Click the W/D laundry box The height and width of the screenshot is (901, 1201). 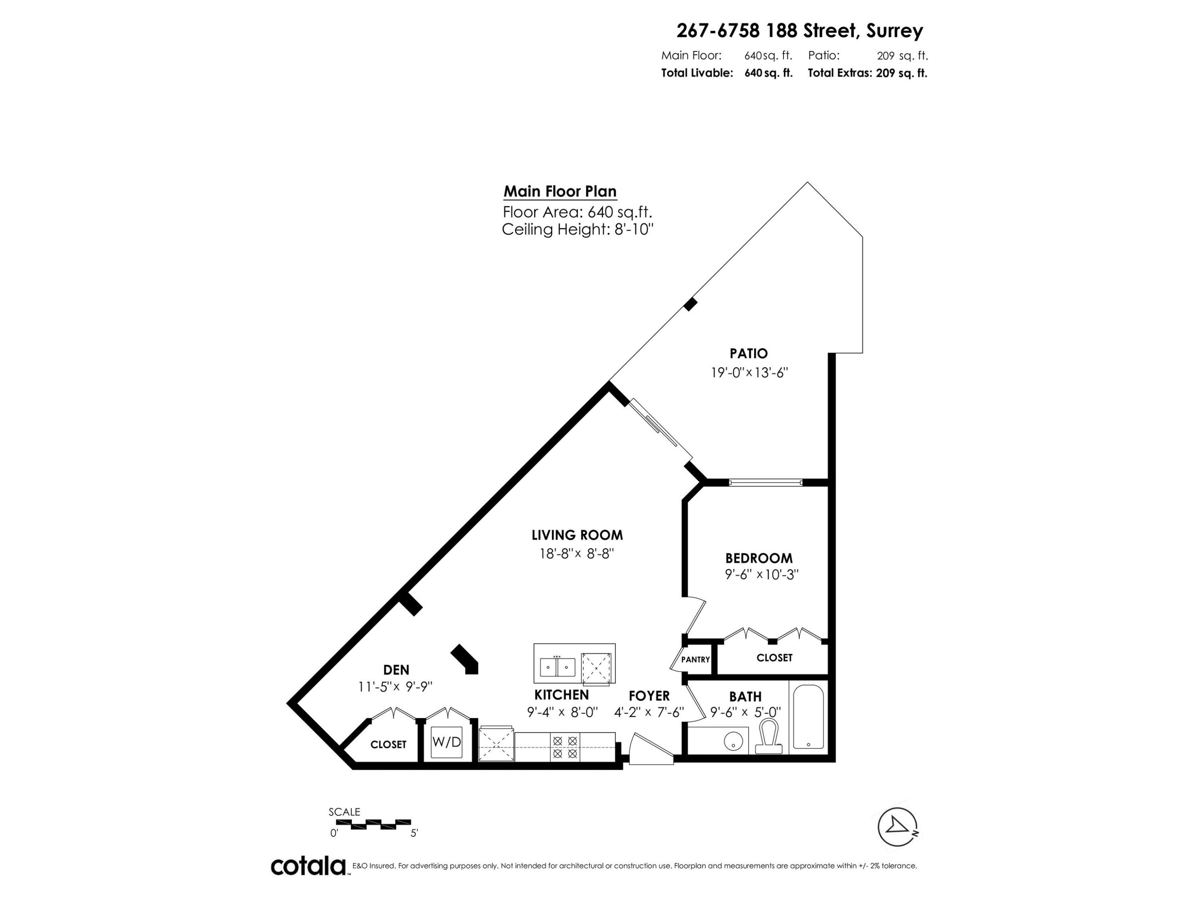446,742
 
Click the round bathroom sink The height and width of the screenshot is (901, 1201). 733,740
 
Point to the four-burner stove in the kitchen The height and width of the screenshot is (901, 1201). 564,747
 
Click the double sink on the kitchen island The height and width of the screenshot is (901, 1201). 557,666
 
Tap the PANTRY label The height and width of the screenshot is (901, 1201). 695,659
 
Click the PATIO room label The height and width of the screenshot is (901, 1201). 748,354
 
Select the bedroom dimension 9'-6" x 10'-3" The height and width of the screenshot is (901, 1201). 761,575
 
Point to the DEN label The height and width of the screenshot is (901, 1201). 396,670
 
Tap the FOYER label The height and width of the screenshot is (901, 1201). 649,696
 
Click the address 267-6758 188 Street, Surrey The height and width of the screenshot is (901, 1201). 799,30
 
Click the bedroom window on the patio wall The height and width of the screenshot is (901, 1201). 765,482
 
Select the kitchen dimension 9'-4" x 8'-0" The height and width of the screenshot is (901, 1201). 562,712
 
